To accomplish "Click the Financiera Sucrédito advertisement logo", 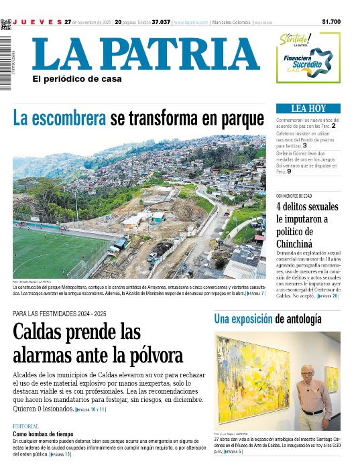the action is click(309, 58).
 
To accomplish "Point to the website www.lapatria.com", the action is click(190, 22).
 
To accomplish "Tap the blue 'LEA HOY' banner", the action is click(308, 108).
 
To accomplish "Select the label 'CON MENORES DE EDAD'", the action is click(294, 196).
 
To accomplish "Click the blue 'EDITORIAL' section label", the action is click(26, 426).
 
